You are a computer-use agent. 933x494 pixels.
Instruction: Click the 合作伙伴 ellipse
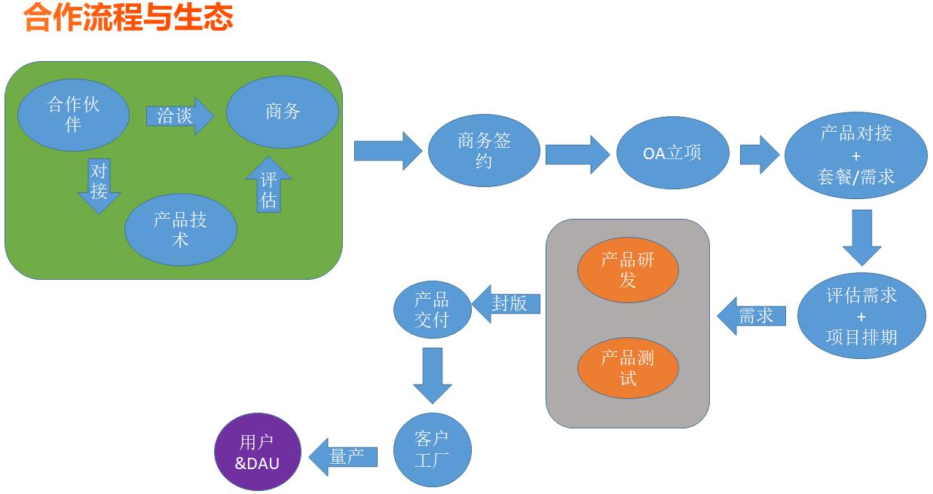click(x=73, y=114)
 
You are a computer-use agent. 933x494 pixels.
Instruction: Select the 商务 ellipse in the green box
click(x=283, y=112)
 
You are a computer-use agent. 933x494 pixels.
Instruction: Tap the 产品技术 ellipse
click(x=181, y=229)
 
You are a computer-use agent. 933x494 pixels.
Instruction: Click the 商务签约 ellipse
click(x=484, y=150)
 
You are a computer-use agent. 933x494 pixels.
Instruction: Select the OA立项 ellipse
click(x=672, y=152)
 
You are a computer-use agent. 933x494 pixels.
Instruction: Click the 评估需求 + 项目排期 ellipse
click(x=861, y=316)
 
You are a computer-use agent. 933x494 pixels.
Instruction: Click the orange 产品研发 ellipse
click(x=628, y=269)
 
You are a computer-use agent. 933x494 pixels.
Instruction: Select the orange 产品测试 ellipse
click(x=628, y=367)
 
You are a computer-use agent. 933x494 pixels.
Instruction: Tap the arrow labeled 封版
click(x=506, y=304)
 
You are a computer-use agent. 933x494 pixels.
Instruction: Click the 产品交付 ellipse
click(x=433, y=309)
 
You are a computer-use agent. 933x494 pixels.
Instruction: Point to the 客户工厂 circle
click(x=432, y=450)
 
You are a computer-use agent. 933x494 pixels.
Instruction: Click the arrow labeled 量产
click(x=344, y=456)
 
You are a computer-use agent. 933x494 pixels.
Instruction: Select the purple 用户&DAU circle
click(x=258, y=453)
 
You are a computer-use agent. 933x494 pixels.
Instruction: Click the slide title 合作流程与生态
click(x=128, y=17)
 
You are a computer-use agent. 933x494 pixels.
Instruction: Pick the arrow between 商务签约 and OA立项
click(x=577, y=154)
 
